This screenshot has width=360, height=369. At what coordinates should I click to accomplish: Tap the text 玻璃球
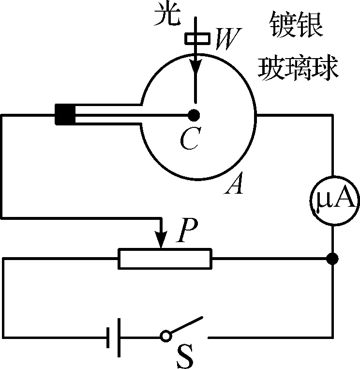298,68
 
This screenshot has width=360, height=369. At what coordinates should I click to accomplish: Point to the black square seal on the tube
65,115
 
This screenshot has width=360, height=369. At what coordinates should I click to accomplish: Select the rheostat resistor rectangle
165,259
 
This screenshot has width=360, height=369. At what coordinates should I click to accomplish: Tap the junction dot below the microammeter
332,259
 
